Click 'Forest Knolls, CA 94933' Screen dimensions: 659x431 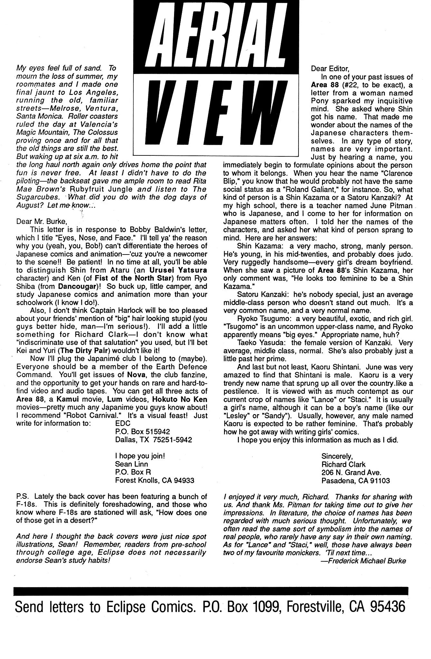(x=154, y=480)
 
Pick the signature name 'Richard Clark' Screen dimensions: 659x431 (x=343, y=464)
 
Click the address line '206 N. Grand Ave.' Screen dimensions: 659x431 (x=351, y=472)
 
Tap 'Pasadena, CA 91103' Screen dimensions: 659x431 (x=355, y=480)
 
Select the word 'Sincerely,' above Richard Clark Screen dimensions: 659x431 (x=337, y=456)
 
